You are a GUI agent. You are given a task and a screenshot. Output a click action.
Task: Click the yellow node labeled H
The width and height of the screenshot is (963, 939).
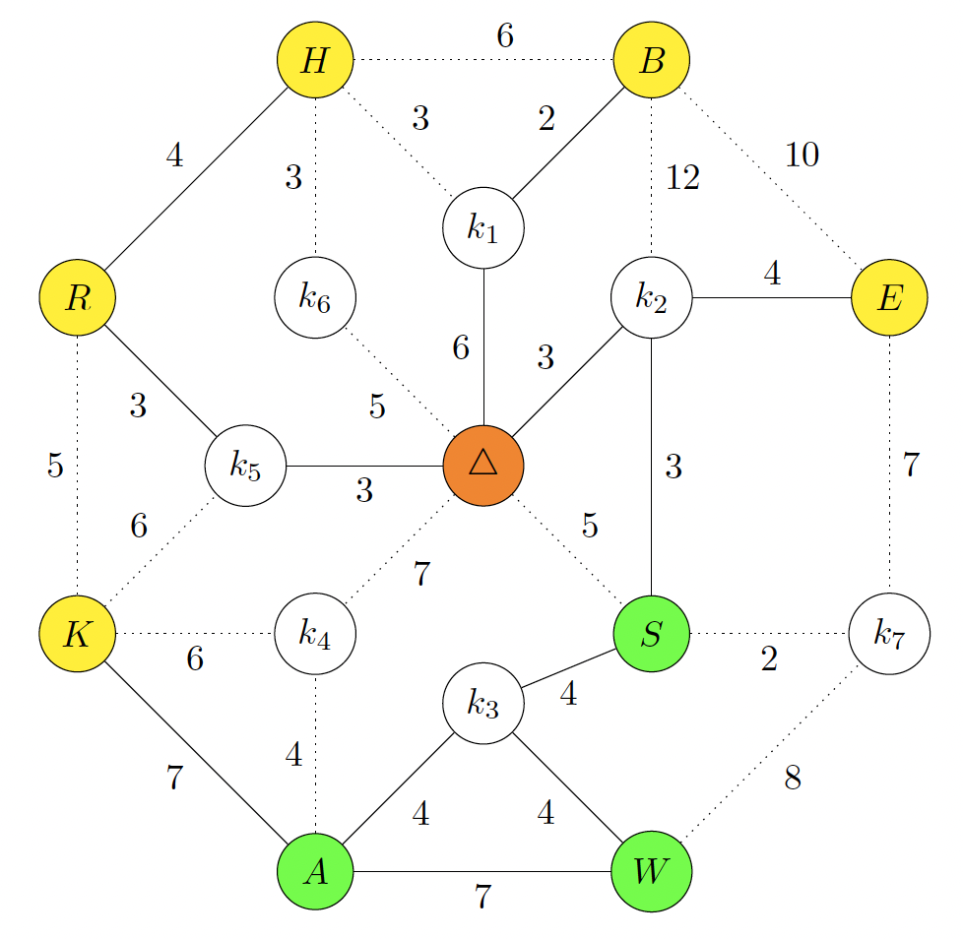(x=315, y=59)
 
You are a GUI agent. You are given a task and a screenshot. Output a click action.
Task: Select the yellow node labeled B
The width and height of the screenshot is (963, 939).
(x=652, y=59)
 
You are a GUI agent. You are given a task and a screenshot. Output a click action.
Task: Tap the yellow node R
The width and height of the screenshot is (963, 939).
(x=78, y=297)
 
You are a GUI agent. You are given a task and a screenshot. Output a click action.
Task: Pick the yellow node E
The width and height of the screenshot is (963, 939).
(x=889, y=297)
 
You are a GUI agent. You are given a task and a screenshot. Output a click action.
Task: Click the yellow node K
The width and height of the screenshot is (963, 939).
(x=78, y=633)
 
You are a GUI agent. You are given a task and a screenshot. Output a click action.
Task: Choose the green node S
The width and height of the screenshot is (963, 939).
(x=652, y=633)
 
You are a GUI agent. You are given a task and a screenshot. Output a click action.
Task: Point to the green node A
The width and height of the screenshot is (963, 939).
(x=315, y=871)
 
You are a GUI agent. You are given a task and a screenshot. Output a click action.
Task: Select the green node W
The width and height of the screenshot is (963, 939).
(x=652, y=871)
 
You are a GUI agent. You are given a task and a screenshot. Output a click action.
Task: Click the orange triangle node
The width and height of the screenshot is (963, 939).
(x=483, y=466)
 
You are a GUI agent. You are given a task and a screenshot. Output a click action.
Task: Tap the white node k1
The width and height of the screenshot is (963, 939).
(x=483, y=227)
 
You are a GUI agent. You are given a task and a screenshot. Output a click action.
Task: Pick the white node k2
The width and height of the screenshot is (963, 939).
(x=652, y=297)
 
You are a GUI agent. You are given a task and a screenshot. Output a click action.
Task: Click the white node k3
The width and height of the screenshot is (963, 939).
(x=483, y=704)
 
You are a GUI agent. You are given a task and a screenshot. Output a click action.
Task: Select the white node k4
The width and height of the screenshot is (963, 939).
(x=315, y=633)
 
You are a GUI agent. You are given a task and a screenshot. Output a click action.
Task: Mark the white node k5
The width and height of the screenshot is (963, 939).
(x=245, y=466)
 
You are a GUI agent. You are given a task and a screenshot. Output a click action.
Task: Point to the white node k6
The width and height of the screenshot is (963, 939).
(x=315, y=297)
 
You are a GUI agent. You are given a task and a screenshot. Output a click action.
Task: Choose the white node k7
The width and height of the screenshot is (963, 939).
(x=889, y=633)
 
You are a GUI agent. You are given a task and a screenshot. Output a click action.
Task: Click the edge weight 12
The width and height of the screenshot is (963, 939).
(x=683, y=178)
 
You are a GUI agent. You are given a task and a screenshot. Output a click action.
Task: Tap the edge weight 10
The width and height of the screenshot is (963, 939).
(x=802, y=155)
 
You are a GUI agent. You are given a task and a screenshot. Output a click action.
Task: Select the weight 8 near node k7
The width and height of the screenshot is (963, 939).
(x=793, y=778)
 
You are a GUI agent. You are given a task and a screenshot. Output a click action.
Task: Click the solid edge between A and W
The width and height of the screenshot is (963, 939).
(x=482, y=871)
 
